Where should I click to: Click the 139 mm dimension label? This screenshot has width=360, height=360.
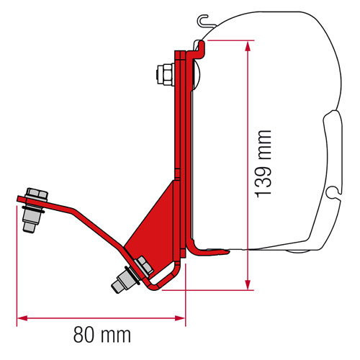pyautogui.click(x=264, y=164)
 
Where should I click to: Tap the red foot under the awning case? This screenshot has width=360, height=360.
pyautogui.click(x=209, y=251)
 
